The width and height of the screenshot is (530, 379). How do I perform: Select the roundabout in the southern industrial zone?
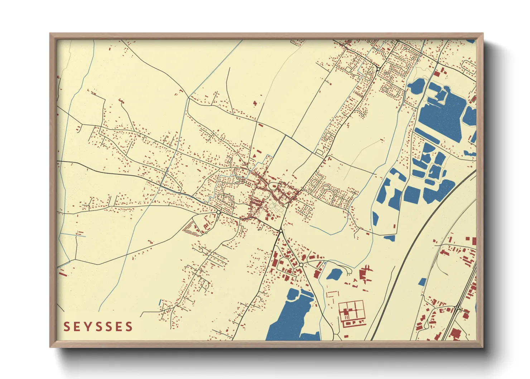[301, 265]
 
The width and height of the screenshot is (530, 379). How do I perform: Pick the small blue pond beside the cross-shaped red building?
[334, 274]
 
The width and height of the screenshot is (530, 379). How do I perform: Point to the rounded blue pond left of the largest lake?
[416, 86]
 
